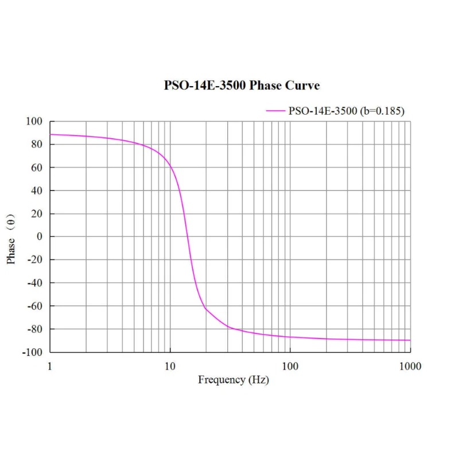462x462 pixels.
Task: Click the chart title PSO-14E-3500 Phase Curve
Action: [x=242, y=86]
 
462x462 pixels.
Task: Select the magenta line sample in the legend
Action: [x=275, y=111]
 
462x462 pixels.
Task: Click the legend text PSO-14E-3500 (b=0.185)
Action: [x=346, y=111]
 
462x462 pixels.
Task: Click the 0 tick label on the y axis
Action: [x=40, y=236]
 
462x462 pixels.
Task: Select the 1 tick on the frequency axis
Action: [x=51, y=366]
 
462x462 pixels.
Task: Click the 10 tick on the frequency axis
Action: [x=170, y=366]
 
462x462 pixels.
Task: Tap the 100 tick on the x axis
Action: [x=290, y=366]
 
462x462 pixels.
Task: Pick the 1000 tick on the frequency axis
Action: [x=410, y=366]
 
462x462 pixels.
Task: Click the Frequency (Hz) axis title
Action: [x=233, y=380]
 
